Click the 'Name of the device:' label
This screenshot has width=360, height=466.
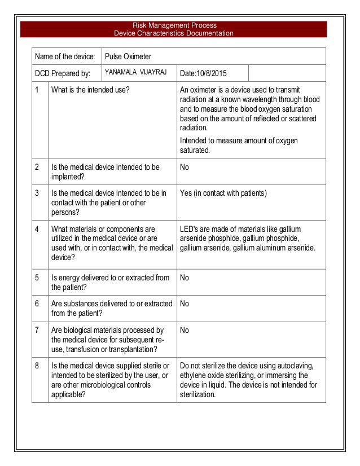pos(65,56)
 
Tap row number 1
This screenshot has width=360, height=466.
pos(37,90)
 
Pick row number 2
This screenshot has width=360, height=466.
pos(37,167)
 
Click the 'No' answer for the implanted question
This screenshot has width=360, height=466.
pos(184,167)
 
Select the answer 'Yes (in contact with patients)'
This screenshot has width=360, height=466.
pos(223,194)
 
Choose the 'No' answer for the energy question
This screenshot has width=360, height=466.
pos(184,277)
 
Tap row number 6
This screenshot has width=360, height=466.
pos(37,304)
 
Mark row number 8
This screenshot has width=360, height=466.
pos(37,366)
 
